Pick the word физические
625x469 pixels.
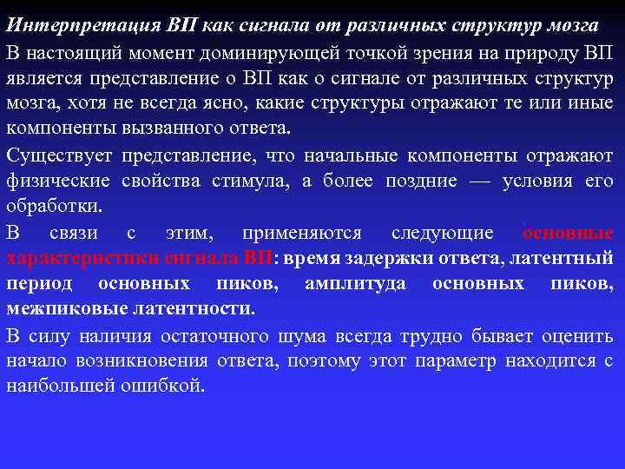[x=57, y=182]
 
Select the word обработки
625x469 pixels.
[x=53, y=208]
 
